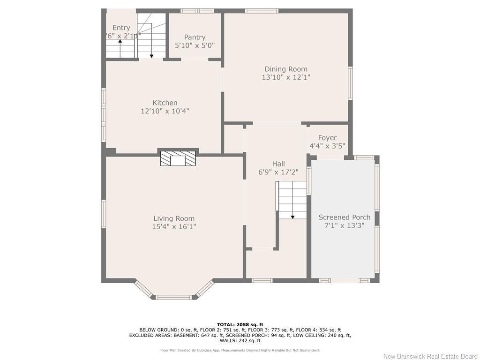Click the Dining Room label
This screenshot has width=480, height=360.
click(286, 69)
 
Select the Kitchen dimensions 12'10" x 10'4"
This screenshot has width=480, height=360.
click(165, 111)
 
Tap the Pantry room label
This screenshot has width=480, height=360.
click(195, 37)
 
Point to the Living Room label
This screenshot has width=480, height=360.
click(174, 218)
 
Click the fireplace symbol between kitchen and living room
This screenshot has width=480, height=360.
click(178, 158)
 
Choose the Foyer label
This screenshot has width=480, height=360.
click(327, 138)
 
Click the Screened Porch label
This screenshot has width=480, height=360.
click(344, 217)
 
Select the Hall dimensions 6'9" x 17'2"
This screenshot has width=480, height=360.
click(278, 172)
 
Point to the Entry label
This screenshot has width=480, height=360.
click(121, 28)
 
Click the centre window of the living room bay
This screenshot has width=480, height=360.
click(174, 297)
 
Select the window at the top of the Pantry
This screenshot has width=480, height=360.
click(197, 11)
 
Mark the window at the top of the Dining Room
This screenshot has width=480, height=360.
click(262, 11)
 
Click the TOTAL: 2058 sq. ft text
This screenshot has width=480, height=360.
click(240, 324)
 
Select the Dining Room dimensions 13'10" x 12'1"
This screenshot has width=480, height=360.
click(286, 77)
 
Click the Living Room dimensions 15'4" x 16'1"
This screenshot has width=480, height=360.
click(174, 227)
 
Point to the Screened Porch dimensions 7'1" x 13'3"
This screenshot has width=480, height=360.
click(344, 225)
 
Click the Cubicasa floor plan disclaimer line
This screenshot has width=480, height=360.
click(240, 350)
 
